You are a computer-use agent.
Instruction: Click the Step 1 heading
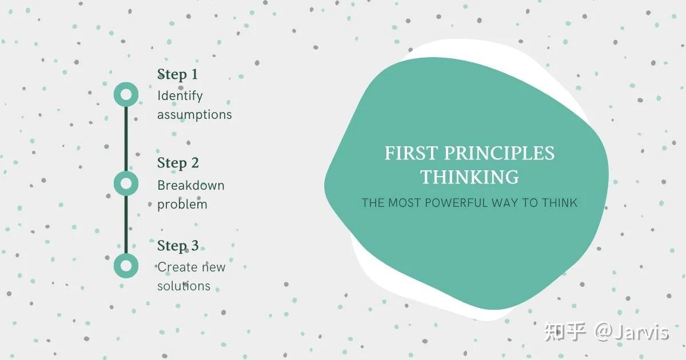click(x=177, y=74)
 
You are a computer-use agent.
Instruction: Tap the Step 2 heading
click(x=178, y=163)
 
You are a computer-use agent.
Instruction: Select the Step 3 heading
click(x=178, y=246)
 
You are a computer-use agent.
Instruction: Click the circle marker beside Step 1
click(x=126, y=94)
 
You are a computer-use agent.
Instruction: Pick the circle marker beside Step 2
click(x=126, y=183)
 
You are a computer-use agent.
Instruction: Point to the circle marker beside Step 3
click(x=126, y=266)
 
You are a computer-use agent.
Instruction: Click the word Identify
click(x=180, y=96)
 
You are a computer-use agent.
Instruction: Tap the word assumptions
click(x=194, y=114)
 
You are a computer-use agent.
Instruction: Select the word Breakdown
click(x=190, y=185)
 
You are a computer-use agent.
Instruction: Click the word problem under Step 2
click(x=182, y=204)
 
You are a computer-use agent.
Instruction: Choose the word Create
click(x=175, y=267)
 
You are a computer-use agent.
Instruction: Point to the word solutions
click(x=184, y=286)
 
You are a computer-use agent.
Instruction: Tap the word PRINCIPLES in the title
click(x=500, y=154)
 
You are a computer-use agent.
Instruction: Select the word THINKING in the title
click(x=470, y=177)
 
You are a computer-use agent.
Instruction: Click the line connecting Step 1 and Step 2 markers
click(x=126, y=139)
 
